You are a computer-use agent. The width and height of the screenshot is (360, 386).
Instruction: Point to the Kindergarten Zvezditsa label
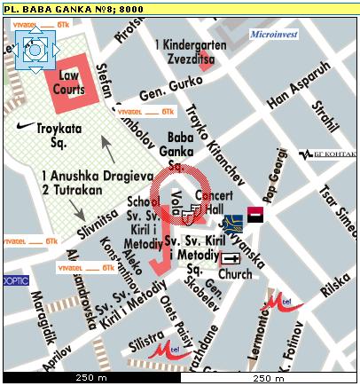(x=188, y=51)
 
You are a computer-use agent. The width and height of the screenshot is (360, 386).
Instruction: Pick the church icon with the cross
(x=231, y=258)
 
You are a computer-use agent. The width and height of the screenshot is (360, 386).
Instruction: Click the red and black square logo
(x=255, y=214)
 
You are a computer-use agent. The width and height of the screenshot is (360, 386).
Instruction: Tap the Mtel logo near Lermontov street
(x=283, y=304)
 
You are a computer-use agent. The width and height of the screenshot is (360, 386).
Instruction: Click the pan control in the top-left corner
(x=34, y=48)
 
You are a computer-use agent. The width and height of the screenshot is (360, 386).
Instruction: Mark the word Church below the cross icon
(x=235, y=274)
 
